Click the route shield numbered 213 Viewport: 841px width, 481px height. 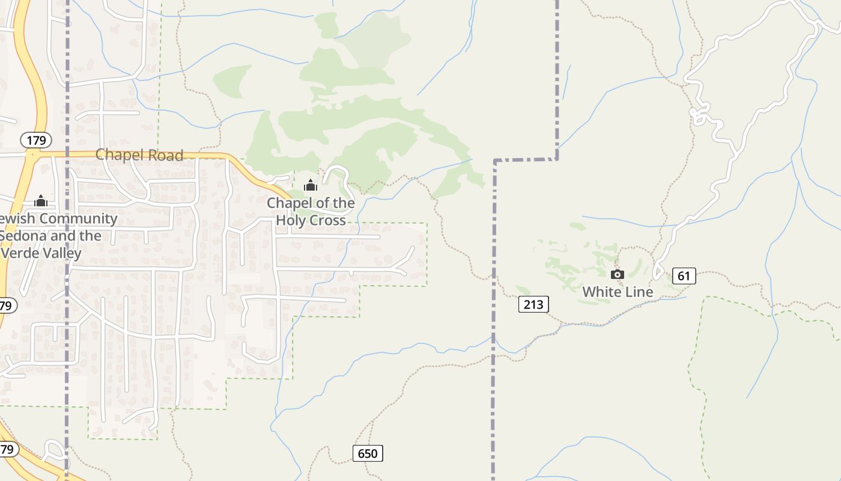[x=533, y=304]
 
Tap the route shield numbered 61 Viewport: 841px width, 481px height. [x=684, y=276]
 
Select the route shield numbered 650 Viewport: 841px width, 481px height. [x=367, y=453]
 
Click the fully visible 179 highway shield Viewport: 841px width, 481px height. [x=37, y=141]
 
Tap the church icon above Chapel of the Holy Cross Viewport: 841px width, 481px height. [x=311, y=185]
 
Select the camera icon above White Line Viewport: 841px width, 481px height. [x=617, y=275]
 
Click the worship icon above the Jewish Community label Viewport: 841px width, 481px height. [x=41, y=200]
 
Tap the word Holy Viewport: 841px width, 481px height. [x=291, y=221]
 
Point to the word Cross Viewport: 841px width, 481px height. [x=328, y=221]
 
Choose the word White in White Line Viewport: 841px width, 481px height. [x=601, y=292]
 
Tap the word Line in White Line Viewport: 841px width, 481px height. [x=639, y=292]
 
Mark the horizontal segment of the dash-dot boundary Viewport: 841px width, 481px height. [x=526, y=160]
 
